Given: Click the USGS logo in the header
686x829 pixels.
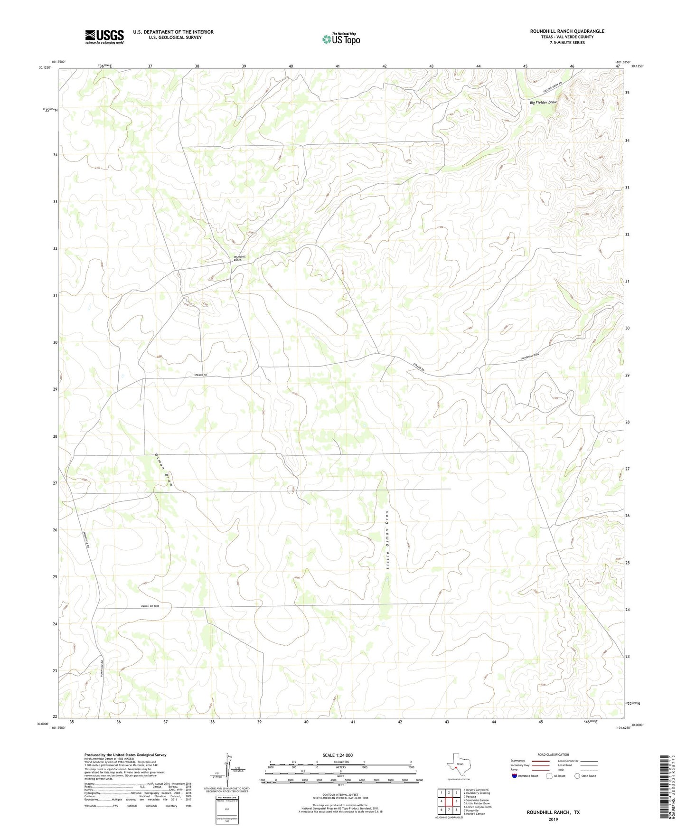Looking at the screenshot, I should tap(104, 37).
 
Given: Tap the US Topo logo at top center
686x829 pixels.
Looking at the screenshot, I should tap(341, 39).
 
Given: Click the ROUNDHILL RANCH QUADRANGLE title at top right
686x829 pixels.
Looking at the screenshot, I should tap(567, 31).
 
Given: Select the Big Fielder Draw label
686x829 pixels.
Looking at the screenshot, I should tap(543, 102).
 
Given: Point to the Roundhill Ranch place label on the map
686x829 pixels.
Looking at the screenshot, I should tap(239, 258).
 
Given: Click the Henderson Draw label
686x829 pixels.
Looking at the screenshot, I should tap(531, 355).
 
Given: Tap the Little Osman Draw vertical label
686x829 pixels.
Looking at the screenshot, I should tap(388, 542).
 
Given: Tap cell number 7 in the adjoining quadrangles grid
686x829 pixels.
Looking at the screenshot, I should tap(449, 810).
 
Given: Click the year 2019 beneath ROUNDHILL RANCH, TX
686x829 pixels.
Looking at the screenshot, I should tap(553, 819).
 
